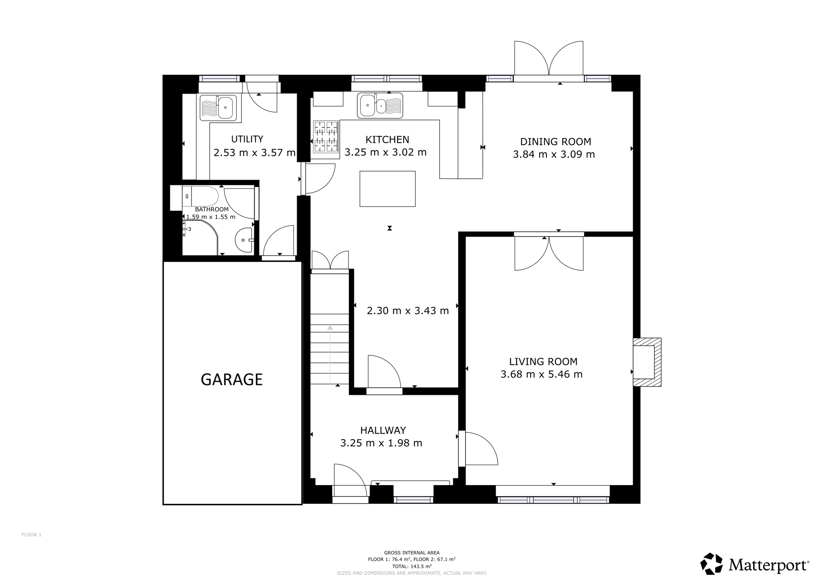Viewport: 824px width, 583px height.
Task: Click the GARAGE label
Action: (231, 379)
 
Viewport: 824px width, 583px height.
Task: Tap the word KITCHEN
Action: (387, 140)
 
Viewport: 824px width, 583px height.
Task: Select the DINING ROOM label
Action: (556, 142)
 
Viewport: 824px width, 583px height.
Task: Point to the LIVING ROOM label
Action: (543, 362)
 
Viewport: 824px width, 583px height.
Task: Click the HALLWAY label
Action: (383, 430)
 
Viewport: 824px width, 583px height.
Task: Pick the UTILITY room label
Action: (247, 139)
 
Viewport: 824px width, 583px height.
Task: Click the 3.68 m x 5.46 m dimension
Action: (542, 374)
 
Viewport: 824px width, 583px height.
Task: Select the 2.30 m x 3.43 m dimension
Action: (408, 311)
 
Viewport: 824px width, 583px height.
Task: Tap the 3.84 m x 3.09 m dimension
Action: (554, 154)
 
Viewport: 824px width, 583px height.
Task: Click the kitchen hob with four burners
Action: (326, 136)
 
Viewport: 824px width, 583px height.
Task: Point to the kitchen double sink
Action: (380, 105)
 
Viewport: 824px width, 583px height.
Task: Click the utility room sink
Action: (220, 108)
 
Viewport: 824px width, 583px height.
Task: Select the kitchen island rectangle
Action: (387, 189)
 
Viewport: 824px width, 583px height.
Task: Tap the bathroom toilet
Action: (200, 196)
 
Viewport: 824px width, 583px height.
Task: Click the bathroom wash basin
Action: (244, 240)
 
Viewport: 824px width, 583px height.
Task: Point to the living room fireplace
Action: (647, 362)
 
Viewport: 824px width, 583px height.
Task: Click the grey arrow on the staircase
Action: (330, 354)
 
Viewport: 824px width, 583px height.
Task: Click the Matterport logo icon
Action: (712, 564)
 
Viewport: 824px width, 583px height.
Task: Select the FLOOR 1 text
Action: (31, 535)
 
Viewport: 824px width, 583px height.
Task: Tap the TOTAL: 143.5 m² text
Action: (412, 566)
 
